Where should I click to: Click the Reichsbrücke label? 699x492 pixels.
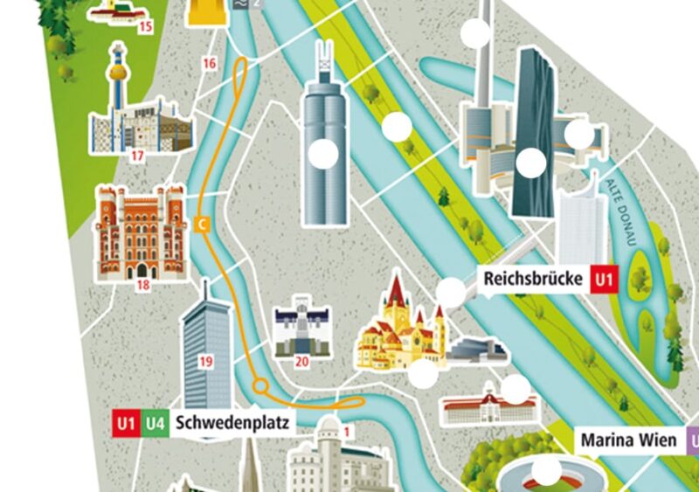[x=533, y=280]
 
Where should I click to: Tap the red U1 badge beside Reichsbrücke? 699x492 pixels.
[x=604, y=280]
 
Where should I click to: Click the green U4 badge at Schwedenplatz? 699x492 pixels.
[x=155, y=424]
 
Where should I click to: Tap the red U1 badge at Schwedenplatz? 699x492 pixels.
[x=126, y=424]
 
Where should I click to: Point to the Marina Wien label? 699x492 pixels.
[x=628, y=440]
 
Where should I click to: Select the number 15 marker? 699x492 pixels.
[x=145, y=27]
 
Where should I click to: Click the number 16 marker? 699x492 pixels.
[x=208, y=63]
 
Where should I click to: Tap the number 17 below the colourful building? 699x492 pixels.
[x=137, y=156]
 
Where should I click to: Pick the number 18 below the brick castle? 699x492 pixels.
[x=142, y=284]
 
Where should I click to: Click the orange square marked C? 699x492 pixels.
[x=203, y=225]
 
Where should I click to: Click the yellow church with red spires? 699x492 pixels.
[x=398, y=328]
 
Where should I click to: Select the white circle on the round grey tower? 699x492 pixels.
[x=324, y=154]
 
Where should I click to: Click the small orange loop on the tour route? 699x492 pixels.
[x=260, y=385]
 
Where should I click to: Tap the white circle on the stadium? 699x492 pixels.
[x=547, y=472]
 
